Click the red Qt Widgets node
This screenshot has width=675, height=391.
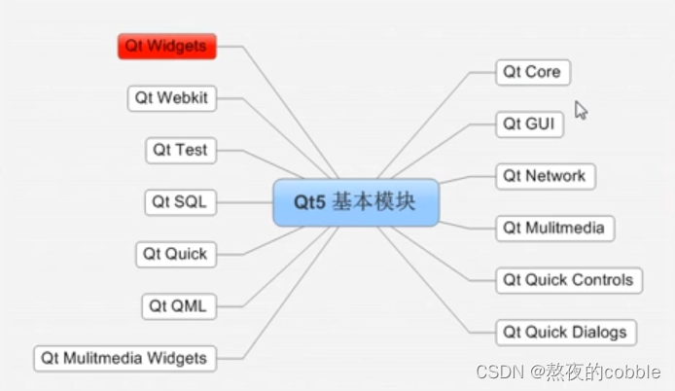(x=166, y=46)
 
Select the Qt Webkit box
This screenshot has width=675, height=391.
(x=172, y=98)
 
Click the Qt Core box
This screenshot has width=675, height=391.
(x=531, y=72)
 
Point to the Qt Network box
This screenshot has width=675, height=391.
(x=544, y=176)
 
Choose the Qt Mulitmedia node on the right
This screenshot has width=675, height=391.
(x=553, y=229)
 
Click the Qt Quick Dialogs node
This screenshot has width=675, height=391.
(x=564, y=332)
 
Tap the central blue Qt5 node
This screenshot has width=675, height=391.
(x=355, y=202)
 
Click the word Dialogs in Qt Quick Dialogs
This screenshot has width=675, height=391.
(x=600, y=332)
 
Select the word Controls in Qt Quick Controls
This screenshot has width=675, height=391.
(x=606, y=280)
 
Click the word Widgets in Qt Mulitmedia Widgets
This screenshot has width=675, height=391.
(x=177, y=358)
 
